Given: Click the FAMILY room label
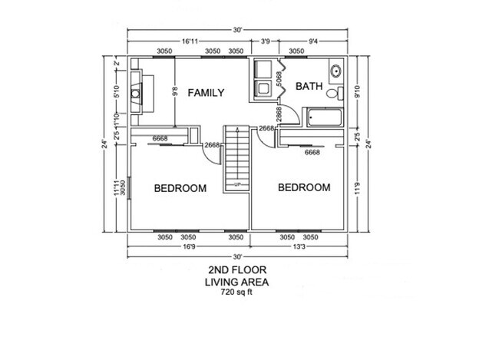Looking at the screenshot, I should click(206, 93).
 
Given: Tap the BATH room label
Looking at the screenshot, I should click(308, 86).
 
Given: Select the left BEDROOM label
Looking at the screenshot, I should click(180, 188).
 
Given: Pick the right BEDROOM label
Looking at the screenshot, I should click(304, 187).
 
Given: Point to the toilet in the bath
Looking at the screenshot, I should click(332, 94).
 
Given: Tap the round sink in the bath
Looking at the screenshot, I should click(335, 71).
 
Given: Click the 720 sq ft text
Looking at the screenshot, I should click(237, 292).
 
